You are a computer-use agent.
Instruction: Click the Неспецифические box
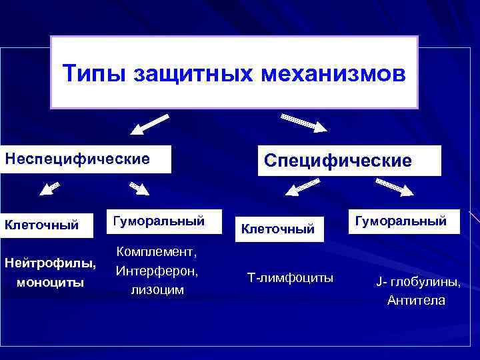[x=85, y=159]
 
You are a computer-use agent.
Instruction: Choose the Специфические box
[x=349, y=161]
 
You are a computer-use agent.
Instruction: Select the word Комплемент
[x=157, y=252]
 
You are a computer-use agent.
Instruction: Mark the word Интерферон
[x=157, y=271]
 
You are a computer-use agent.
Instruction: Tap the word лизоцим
[x=157, y=291]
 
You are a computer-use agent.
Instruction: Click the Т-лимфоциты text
[x=291, y=277]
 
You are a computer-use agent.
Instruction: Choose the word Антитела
[x=417, y=301]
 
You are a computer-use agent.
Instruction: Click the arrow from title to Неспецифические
[x=147, y=125]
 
